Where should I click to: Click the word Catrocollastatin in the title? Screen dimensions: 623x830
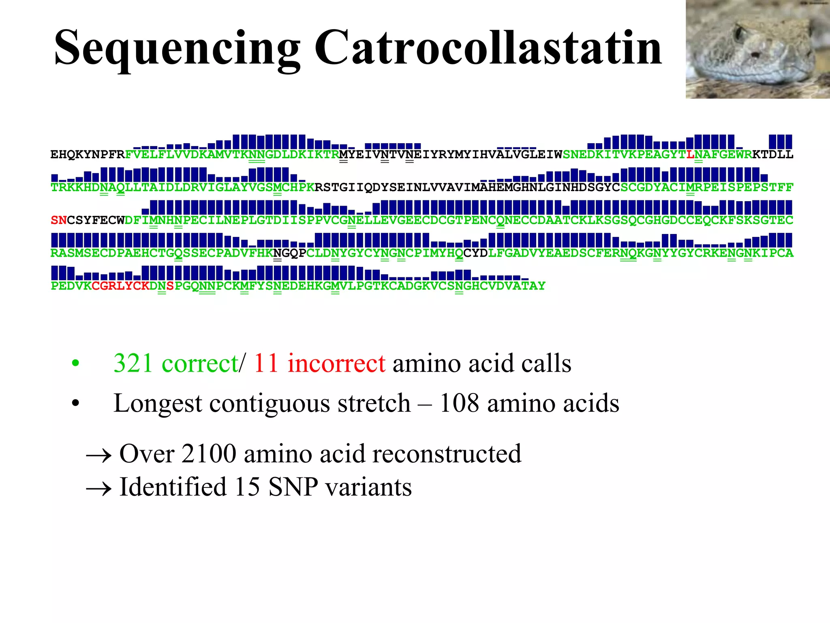(488, 48)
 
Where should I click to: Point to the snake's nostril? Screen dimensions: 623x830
(754, 54)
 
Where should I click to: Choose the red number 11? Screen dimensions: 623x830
(266, 363)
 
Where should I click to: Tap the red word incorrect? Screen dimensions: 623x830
(336, 363)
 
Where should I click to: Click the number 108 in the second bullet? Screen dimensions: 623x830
(459, 404)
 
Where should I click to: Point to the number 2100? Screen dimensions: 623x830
(209, 454)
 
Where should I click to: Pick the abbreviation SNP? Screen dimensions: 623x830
(293, 487)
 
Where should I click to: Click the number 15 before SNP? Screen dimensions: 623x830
(247, 487)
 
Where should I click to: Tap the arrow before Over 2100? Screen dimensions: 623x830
(98, 456)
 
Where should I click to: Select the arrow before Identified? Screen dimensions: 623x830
(98, 489)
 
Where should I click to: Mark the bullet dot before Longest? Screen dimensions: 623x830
(75, 404)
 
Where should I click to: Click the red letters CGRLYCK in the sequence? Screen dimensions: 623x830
(120, 286)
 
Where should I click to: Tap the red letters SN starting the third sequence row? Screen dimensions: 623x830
(59, 220)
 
